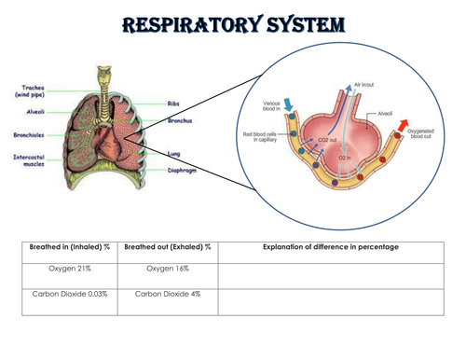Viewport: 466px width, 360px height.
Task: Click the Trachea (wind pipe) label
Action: pos(28,90)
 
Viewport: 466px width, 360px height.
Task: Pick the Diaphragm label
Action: pos(183,170)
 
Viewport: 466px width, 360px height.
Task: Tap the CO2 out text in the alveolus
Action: pos(328,140)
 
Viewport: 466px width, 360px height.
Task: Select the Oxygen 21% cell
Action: pos(69,269)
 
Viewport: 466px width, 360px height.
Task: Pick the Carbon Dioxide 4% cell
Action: pos(168,295)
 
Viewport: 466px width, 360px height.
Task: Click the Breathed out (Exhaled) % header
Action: pos(167,246)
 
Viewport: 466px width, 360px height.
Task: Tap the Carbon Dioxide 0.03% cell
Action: pos(69,295)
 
